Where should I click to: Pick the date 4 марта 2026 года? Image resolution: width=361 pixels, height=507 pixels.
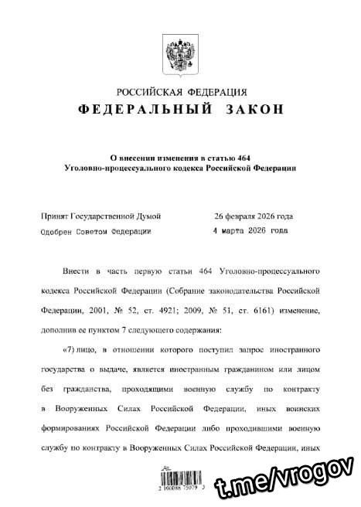[250, 230]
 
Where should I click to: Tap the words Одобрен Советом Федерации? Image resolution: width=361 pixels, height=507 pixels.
[96, 230]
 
